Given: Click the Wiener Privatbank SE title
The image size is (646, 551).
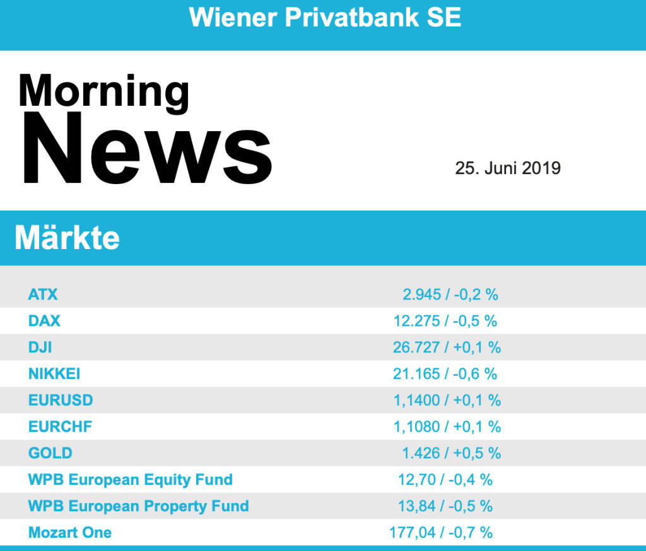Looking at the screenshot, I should coord(325,17).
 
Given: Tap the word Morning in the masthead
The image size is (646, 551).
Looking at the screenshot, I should coord(103,90).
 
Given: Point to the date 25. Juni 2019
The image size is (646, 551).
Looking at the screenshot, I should coord(508,168).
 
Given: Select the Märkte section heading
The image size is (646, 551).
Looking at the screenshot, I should coord(67,238).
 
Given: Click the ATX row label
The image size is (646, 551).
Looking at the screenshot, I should coord(43,294).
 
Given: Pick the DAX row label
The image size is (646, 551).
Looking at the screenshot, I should coord(44,320).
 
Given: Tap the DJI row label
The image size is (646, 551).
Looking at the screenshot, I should coord(40,347).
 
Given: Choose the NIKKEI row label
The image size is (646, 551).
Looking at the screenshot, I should coord(54,373).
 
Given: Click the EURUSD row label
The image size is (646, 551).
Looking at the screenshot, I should coord(61,400).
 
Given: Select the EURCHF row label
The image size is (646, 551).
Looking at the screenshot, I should coord(60,426).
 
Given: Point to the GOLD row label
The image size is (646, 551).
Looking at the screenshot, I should coord(50,453).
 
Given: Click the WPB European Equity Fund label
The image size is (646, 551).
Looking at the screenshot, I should coord(131,479).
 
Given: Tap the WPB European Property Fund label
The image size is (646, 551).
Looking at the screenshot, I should coord(139,506).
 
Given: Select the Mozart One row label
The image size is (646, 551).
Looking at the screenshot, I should coord(70,532).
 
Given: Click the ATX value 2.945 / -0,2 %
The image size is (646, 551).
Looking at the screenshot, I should coord(450,294).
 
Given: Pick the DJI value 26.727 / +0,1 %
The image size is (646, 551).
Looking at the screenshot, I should coord(447,347).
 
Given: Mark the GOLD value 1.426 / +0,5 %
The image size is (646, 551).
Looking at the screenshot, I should coord(451,453).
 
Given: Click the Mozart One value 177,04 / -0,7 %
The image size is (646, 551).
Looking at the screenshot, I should coord(441,532).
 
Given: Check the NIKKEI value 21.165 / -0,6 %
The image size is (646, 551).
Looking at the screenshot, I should coord(445,373).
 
